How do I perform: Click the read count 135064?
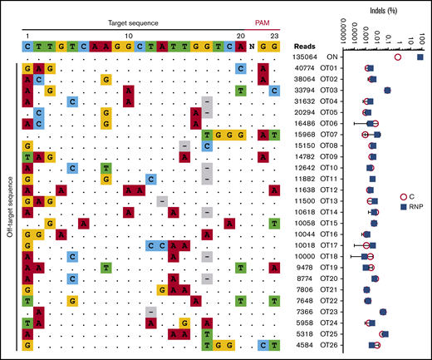click(x=309, y=57)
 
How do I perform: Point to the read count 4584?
click(x=312, y=345)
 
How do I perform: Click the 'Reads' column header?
click(x=309, y=45)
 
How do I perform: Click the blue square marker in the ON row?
click(x=420, y=57)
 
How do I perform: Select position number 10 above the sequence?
click(x=128, y=37)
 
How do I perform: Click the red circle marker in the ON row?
click(x=398, y=57)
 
